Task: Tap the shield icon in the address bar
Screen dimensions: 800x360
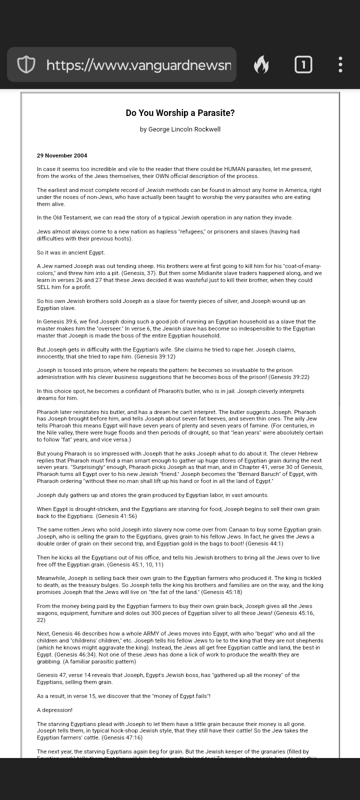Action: point(26,64)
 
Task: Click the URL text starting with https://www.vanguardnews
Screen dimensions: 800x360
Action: point(138,64)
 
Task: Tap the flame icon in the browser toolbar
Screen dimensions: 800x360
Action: point(261,64)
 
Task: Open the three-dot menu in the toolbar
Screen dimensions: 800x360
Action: point(340,64)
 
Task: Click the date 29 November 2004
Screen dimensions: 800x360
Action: point(62,155)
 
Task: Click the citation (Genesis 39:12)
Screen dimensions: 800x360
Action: point(155,356)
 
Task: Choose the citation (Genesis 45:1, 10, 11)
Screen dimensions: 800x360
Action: point(135,564)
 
